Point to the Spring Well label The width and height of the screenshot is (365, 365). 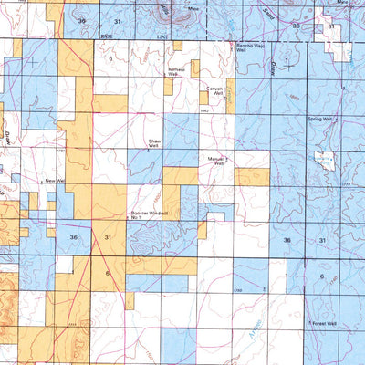point(321,119)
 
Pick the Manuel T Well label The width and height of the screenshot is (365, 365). point(217,162)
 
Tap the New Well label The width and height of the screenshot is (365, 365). point(52,182)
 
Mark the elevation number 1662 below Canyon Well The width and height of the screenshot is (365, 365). point(206,109)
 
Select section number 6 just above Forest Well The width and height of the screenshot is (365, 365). point(321,276)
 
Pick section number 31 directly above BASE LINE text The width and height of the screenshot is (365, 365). point(116,19)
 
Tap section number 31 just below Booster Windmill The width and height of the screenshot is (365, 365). point(109,235)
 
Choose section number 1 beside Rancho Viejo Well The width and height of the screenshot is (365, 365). point(286,60)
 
